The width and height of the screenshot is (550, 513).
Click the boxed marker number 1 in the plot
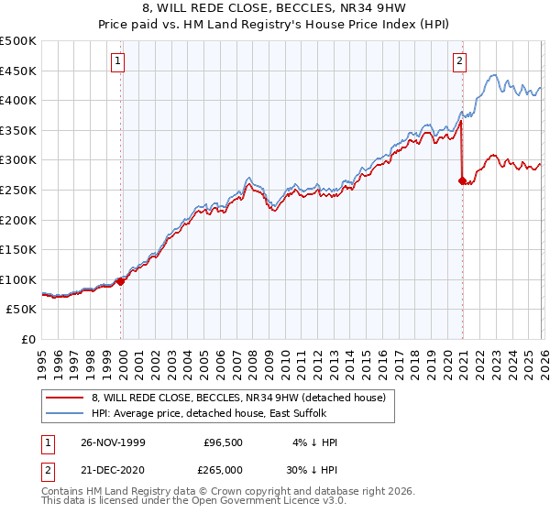point(120,62)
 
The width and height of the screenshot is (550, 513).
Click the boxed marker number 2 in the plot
point(459,62)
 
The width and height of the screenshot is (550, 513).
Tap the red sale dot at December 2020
point(462,180)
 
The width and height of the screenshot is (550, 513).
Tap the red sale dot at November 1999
point(121,281)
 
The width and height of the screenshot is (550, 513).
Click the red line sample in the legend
point(66,398)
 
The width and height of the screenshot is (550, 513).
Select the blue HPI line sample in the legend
point(66,414)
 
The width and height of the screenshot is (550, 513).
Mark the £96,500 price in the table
point(224,442)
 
